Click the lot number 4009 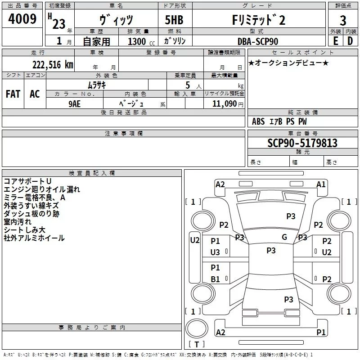[x=22, y=20]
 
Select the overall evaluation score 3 [x=343, y=21]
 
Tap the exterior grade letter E [x=335, y=41]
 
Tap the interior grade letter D [x=351, y=41]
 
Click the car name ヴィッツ [x=116, y=20]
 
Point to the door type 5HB [x=174, y=20]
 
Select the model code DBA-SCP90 [x=257, y=41]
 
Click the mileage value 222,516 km [x=52, y=64]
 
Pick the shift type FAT [x=13, y=94]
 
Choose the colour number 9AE [x=75, y=103]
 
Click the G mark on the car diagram [x=284, y=237]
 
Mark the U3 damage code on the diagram [x=215, y=252]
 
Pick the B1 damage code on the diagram [x=215, y=279]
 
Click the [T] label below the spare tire [x=196, y=345]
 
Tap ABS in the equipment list [x=258, y=121]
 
